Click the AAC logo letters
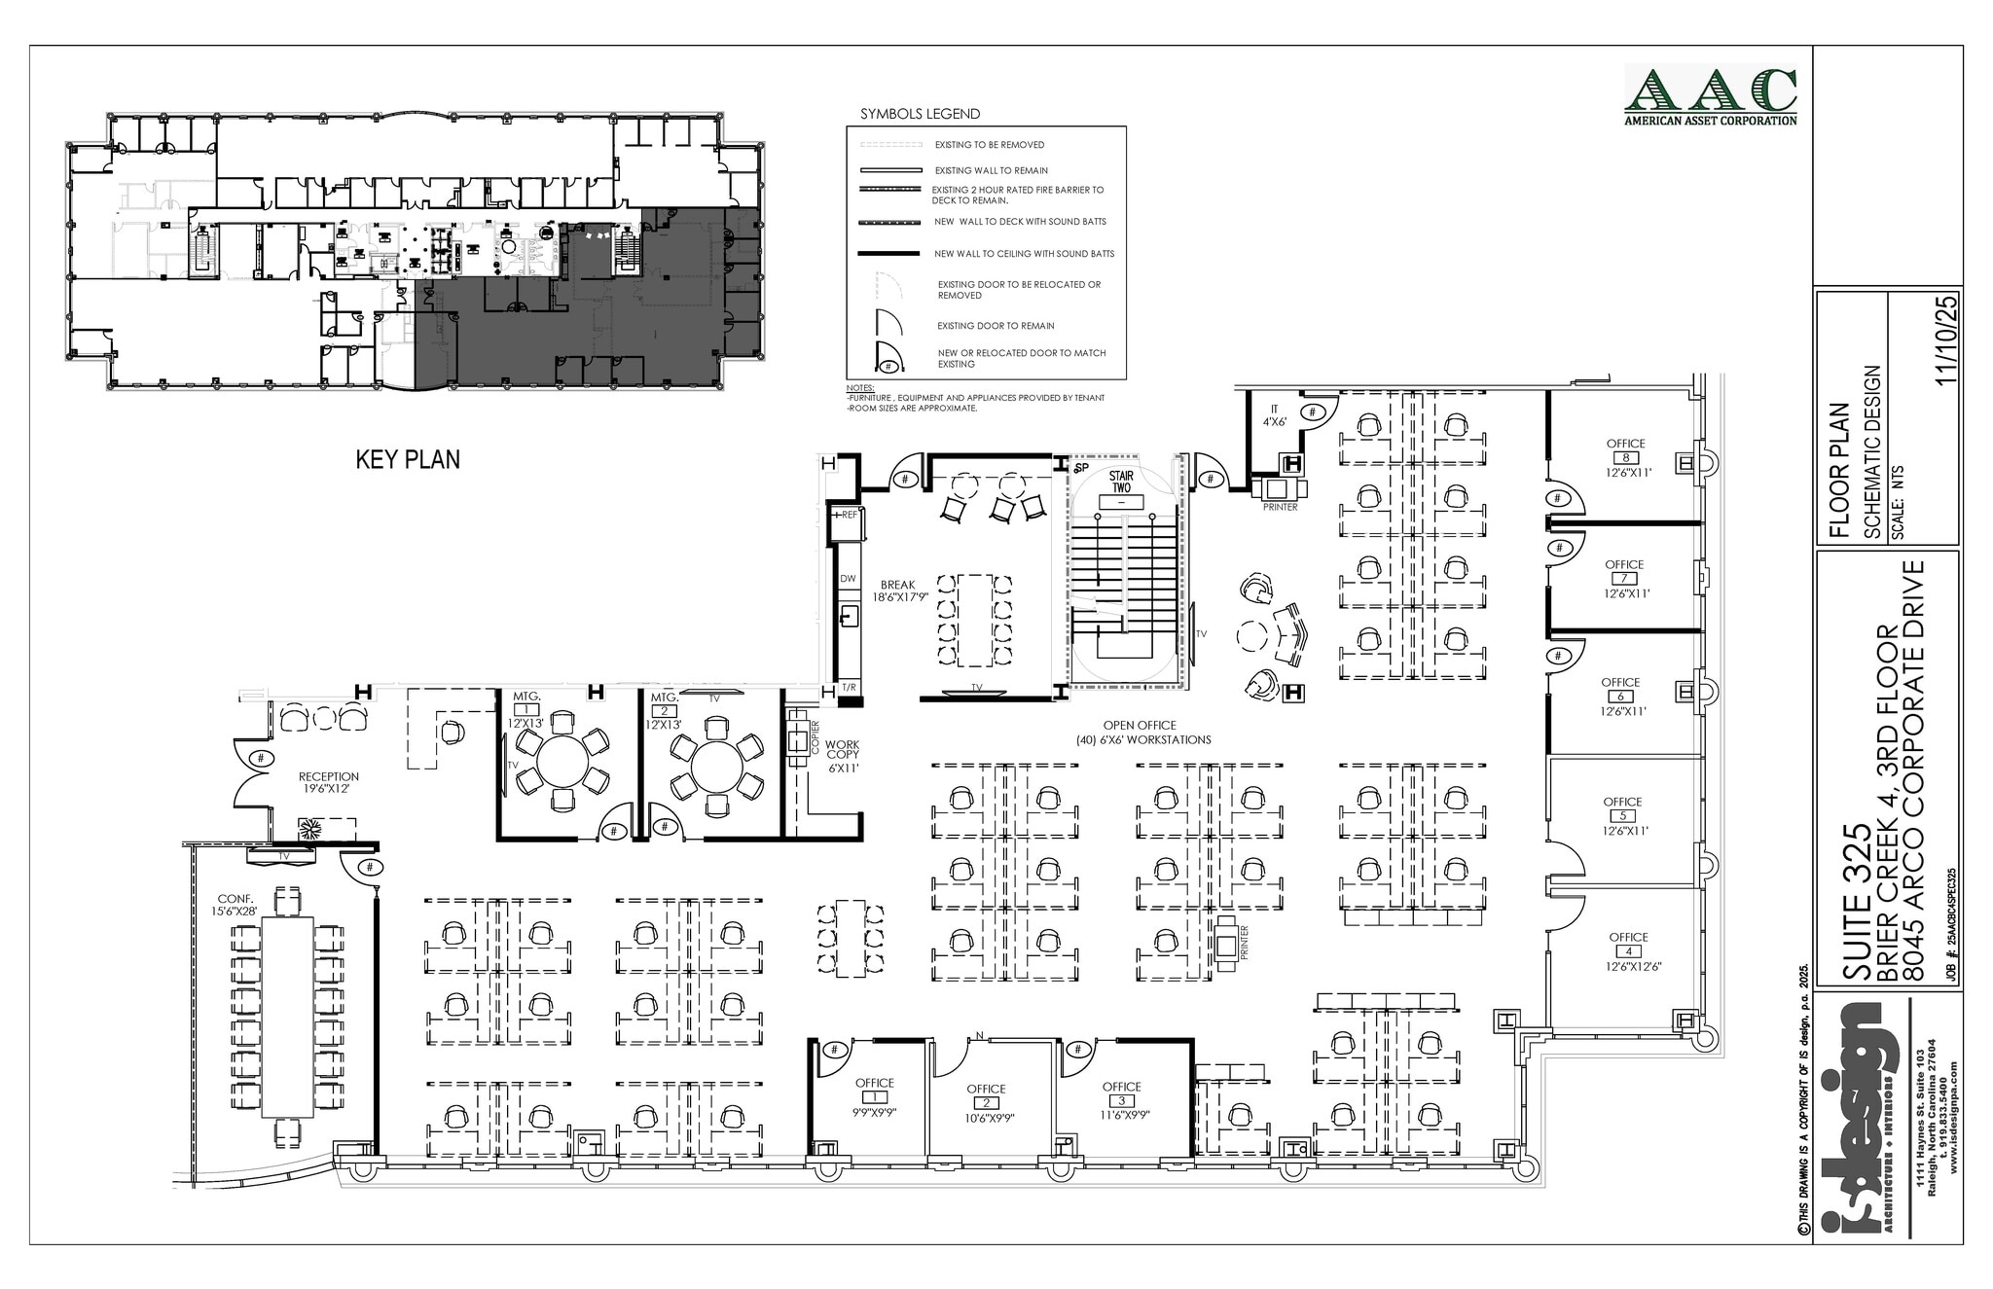[1711, 91]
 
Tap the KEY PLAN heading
[407, 459]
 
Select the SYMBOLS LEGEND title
[920, 114]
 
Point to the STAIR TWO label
[1121, 482]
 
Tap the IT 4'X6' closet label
[1274, 415]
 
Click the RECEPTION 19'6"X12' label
[328, 782]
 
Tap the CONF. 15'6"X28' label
[235, 905]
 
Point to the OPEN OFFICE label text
[1141, 732]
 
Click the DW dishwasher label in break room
[848, 579]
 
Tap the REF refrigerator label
[849, 515]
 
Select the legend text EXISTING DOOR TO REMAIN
[995, 326]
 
